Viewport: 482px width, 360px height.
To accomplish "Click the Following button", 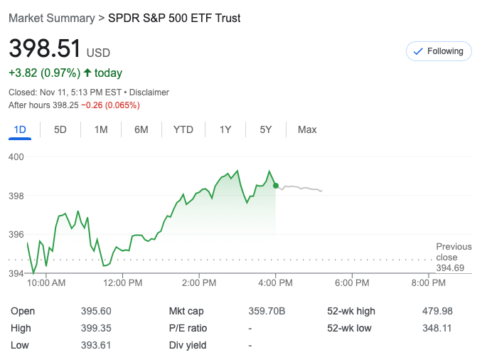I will (439, 51).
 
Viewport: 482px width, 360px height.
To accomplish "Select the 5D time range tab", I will (60, 129).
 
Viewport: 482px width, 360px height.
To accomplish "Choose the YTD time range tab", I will (183, 129).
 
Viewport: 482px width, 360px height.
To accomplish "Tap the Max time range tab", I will (307, 129).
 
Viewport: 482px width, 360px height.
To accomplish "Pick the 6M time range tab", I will (141, 129).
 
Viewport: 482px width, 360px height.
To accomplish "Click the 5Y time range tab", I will (266, 129).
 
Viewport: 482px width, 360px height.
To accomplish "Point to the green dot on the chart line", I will (276, 185).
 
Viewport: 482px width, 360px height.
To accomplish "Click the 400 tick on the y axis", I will (16, 157).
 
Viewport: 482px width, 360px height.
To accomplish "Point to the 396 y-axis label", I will (16, 234).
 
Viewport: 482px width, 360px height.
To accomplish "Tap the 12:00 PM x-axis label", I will (122, 282).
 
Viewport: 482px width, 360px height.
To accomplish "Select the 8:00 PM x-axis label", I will (429, 282).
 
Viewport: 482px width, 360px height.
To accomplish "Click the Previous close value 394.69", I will (450, 268).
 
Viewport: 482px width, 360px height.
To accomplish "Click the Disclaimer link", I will (149, 92).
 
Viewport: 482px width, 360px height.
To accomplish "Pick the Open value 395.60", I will (96, 311).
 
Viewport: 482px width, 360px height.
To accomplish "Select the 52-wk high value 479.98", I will (437, 311).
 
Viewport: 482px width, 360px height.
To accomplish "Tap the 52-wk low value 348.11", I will (437, 328).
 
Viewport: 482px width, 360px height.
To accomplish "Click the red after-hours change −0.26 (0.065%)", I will (110, 105).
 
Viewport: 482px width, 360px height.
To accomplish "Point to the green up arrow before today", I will (87, 73).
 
